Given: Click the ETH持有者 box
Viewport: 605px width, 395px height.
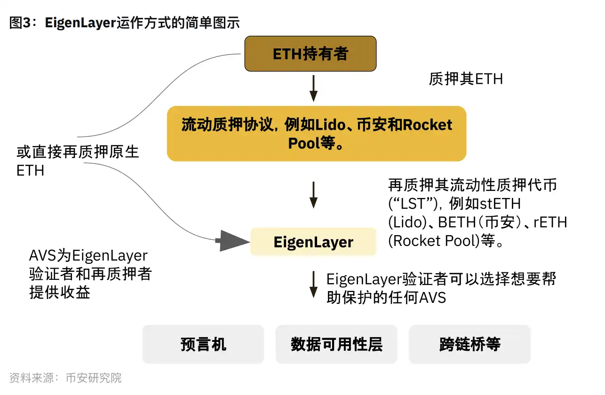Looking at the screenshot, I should [310, 54].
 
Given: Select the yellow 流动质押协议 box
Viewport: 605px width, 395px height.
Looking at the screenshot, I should [317, 134].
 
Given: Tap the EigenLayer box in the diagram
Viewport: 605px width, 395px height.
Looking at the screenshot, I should [313, 242].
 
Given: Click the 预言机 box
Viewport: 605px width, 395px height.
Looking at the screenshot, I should [203, 344].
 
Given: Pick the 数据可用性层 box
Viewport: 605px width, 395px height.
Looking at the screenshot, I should [336, 344].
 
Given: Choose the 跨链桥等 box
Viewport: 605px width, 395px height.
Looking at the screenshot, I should [470, 344].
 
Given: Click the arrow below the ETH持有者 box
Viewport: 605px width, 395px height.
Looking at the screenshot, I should [313, 88].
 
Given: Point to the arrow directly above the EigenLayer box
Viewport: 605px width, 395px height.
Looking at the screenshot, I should [313, 195].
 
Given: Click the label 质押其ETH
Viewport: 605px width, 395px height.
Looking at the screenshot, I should [465, 79].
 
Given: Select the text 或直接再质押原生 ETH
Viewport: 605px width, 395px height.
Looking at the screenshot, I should [78, 161].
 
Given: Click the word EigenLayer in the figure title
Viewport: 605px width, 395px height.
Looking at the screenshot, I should [80, 23].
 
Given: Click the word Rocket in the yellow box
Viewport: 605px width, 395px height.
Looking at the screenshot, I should [427, 125].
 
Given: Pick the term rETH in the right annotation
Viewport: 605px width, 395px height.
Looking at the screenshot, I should [550, 222].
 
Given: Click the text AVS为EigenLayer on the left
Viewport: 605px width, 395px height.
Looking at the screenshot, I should [88, 256].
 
